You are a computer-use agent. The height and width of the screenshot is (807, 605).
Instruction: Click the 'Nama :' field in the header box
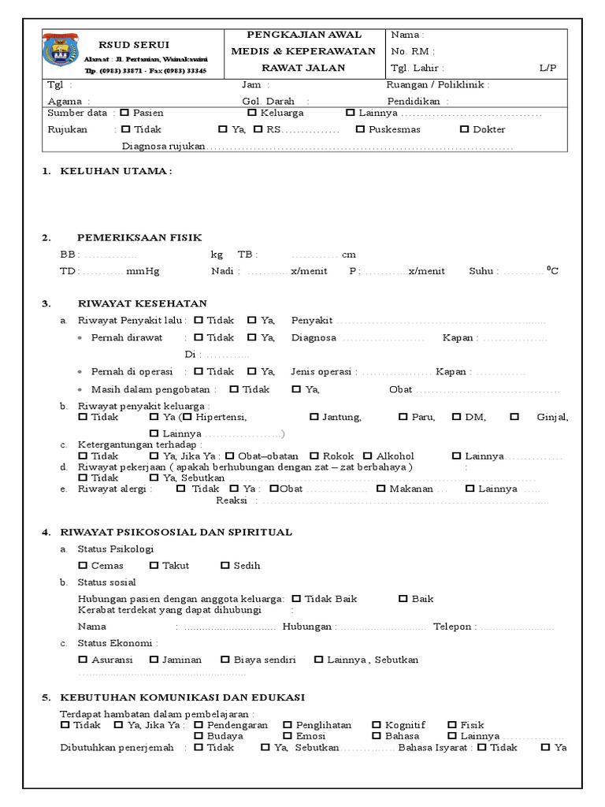(407, 35)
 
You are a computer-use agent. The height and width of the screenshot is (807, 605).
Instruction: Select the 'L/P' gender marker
(547, 68)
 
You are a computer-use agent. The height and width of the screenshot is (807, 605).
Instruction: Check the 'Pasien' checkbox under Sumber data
(124, 113)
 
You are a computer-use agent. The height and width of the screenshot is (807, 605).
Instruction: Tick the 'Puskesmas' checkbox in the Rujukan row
(360, 129)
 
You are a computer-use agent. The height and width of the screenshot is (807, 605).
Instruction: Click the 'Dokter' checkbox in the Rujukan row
(464, 129)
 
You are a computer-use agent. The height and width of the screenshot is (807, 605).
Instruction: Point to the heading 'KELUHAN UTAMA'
(116, 171)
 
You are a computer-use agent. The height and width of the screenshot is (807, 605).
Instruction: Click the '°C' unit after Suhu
(552, 270)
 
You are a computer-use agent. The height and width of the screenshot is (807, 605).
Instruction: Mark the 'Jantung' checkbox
(314, 417)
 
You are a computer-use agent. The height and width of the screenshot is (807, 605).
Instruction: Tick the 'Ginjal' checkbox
(514, 417)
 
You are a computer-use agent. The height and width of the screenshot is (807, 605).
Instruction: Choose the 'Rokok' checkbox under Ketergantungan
(314, 456)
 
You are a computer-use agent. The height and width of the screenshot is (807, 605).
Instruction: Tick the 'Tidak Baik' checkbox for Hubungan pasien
(295, 599)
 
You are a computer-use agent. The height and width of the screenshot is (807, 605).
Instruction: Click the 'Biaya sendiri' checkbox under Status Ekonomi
(225, 660)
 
